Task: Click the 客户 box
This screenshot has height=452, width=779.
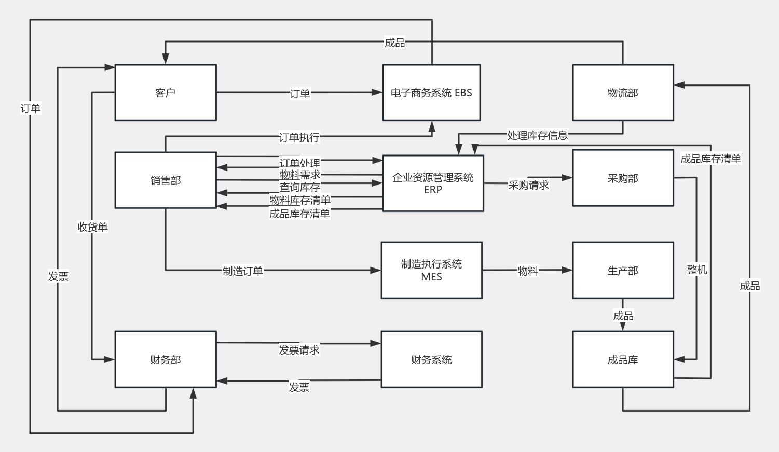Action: [x=166, y=93]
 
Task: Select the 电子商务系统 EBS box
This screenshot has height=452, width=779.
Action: [x=431, y=93]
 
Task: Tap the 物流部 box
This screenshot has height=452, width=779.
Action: [x=623, y=93]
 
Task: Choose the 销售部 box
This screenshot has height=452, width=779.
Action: [x=166, y=180]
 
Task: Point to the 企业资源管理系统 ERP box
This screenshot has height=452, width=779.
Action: [x=433, y=183]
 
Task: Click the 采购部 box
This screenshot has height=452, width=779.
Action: [x=623, y=178]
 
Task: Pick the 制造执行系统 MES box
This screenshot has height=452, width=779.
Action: [x=431, y=270]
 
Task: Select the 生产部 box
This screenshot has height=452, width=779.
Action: [x=623, y=271]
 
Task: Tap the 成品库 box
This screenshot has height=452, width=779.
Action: [x=623, y=360]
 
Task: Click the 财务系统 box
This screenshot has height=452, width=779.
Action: [x=431, y=360]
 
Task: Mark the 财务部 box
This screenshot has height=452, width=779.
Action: [x=166, y=360]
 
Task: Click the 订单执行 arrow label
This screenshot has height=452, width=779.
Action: [x=299, y=137]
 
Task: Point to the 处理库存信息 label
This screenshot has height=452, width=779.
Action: [x=537, y=135]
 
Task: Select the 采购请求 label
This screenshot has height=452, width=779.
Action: [x=528, y=185]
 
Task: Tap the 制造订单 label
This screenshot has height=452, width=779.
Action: [x=243, y=271]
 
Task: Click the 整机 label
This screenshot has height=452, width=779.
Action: [x=696, y=270]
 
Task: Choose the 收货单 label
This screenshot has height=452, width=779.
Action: [x=92, y=227]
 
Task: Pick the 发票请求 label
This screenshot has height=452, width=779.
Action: [x=299, y=350]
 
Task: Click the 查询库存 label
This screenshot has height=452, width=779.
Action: [x=300, y=187]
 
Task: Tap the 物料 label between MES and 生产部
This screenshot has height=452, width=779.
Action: [x=527, y=271]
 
